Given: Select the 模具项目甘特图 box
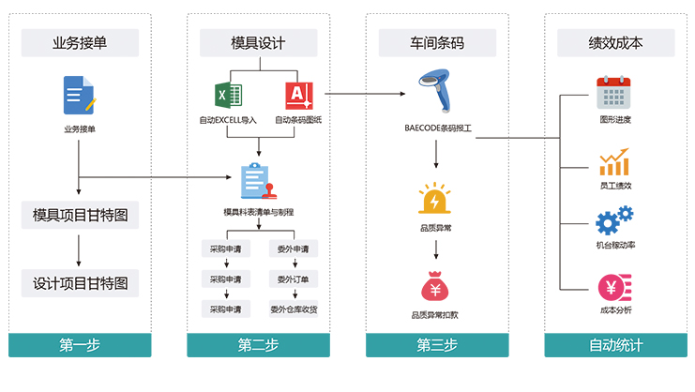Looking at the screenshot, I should [80, 215].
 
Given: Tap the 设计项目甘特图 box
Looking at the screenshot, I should [80, 281].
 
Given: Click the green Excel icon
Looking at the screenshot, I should [229, 96].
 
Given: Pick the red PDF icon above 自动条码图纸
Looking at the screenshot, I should [298, 96].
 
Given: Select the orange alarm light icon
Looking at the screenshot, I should [435, 199].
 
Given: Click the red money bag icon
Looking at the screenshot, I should [434, 285].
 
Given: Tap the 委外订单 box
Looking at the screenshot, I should [294, 279].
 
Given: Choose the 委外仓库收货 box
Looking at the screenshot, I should [294, 309].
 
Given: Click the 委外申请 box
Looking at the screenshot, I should [294, 249].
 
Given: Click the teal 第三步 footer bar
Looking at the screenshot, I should [437, 345].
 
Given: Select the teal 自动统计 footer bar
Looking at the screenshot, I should [616, 345].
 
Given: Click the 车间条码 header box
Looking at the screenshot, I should [437, 42].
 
